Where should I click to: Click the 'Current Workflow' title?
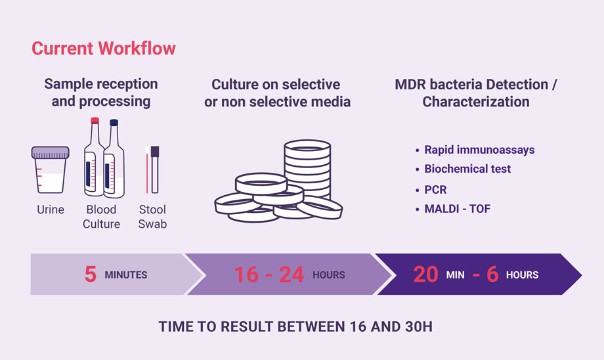coord(104,49)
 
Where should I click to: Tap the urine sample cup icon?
coord(51,169)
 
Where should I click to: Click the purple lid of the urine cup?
coord(51,152)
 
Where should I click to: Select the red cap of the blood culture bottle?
coord(95,121)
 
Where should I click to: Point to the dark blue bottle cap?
coord(114,123)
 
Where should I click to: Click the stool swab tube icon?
coord(155,169)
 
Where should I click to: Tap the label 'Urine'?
coord(51,210)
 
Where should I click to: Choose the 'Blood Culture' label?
coord(101,217)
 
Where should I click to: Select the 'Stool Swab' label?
coord(152,217)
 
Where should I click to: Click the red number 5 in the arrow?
coord(91,275)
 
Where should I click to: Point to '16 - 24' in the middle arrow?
coord(269,275)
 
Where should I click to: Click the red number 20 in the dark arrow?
coord(425,275)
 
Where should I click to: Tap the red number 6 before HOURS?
coord(492,275)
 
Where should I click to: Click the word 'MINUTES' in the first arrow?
coord(126,275)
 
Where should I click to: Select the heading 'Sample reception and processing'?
coord(101,93)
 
